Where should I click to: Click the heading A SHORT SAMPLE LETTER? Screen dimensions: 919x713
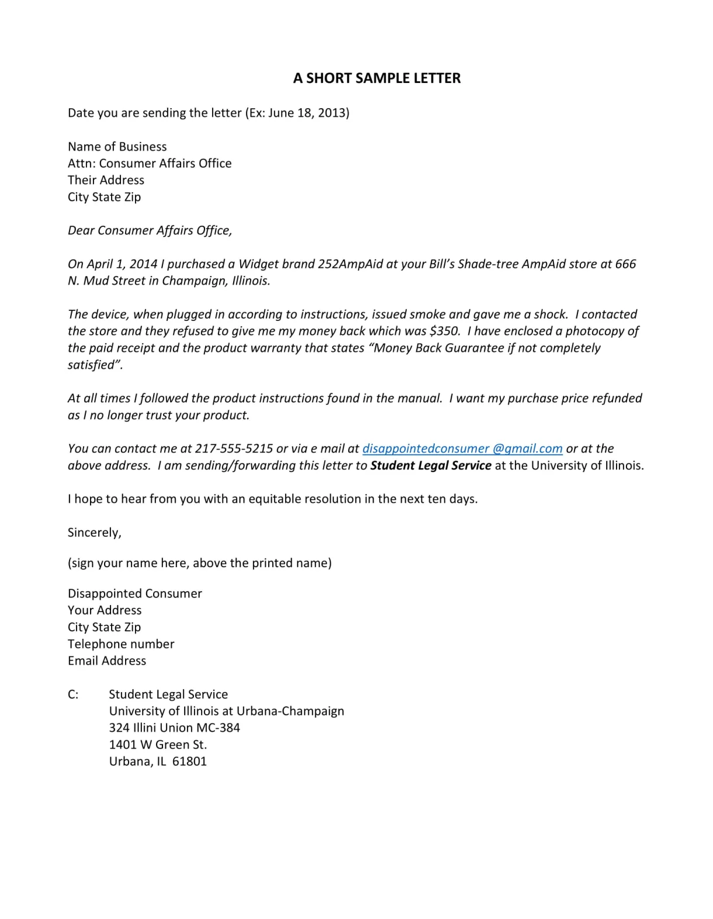376,78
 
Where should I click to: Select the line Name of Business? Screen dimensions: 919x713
117,147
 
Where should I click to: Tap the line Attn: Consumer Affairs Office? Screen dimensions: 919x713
150,164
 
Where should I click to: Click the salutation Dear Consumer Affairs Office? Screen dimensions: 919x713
150,231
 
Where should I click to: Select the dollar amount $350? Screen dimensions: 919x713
444,331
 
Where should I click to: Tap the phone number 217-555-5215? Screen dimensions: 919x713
234,449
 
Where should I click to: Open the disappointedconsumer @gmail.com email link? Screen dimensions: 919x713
462,449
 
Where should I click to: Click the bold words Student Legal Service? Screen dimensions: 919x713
431,466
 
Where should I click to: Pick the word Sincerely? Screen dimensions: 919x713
94,533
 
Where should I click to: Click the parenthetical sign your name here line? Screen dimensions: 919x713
199,563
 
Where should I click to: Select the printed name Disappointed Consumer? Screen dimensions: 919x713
134,593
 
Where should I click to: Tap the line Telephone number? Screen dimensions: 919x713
121,644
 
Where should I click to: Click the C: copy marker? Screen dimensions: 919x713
73,695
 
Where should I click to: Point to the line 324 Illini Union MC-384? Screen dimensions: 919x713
174,728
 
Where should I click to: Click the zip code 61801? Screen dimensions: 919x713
189,762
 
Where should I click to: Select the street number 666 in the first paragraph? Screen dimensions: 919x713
625,264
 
